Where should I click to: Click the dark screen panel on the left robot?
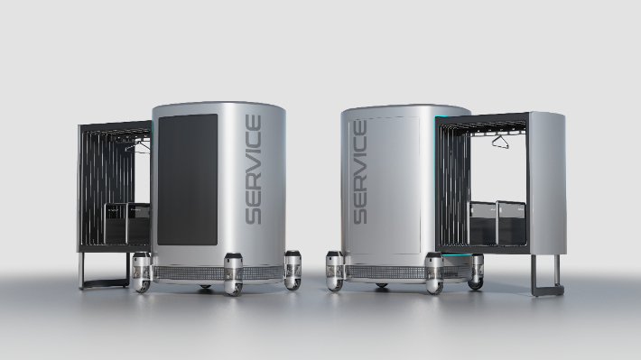pos(188,180)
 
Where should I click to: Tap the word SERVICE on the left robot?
pos(253,170)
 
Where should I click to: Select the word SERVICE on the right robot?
pos(359,172)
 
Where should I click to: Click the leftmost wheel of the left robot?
pos(142,272)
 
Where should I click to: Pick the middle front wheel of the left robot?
pos(233,274)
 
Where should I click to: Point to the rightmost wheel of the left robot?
pos(293,270)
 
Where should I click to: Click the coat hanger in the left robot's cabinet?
pos(138,147)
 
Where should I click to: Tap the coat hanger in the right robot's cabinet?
pos(500,142)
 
